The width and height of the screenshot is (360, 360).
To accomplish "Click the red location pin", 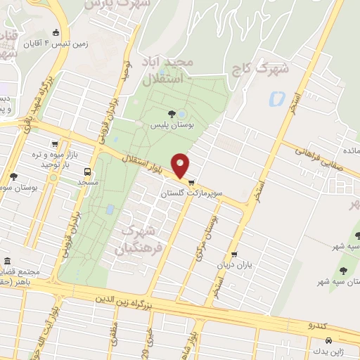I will click(x=181, y=165).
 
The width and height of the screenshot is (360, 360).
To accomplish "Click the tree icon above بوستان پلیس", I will click(x=172, y=112).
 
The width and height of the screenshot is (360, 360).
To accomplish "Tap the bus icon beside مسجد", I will click(x=88, y=172).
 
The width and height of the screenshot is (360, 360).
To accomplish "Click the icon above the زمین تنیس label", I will click(x=56, y=32).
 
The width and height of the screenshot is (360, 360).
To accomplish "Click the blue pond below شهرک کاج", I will click(x=274, y=100).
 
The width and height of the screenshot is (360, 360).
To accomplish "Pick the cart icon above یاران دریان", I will click(x=234, y=255).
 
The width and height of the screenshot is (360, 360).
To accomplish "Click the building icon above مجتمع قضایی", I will click(x=7, y=262).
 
